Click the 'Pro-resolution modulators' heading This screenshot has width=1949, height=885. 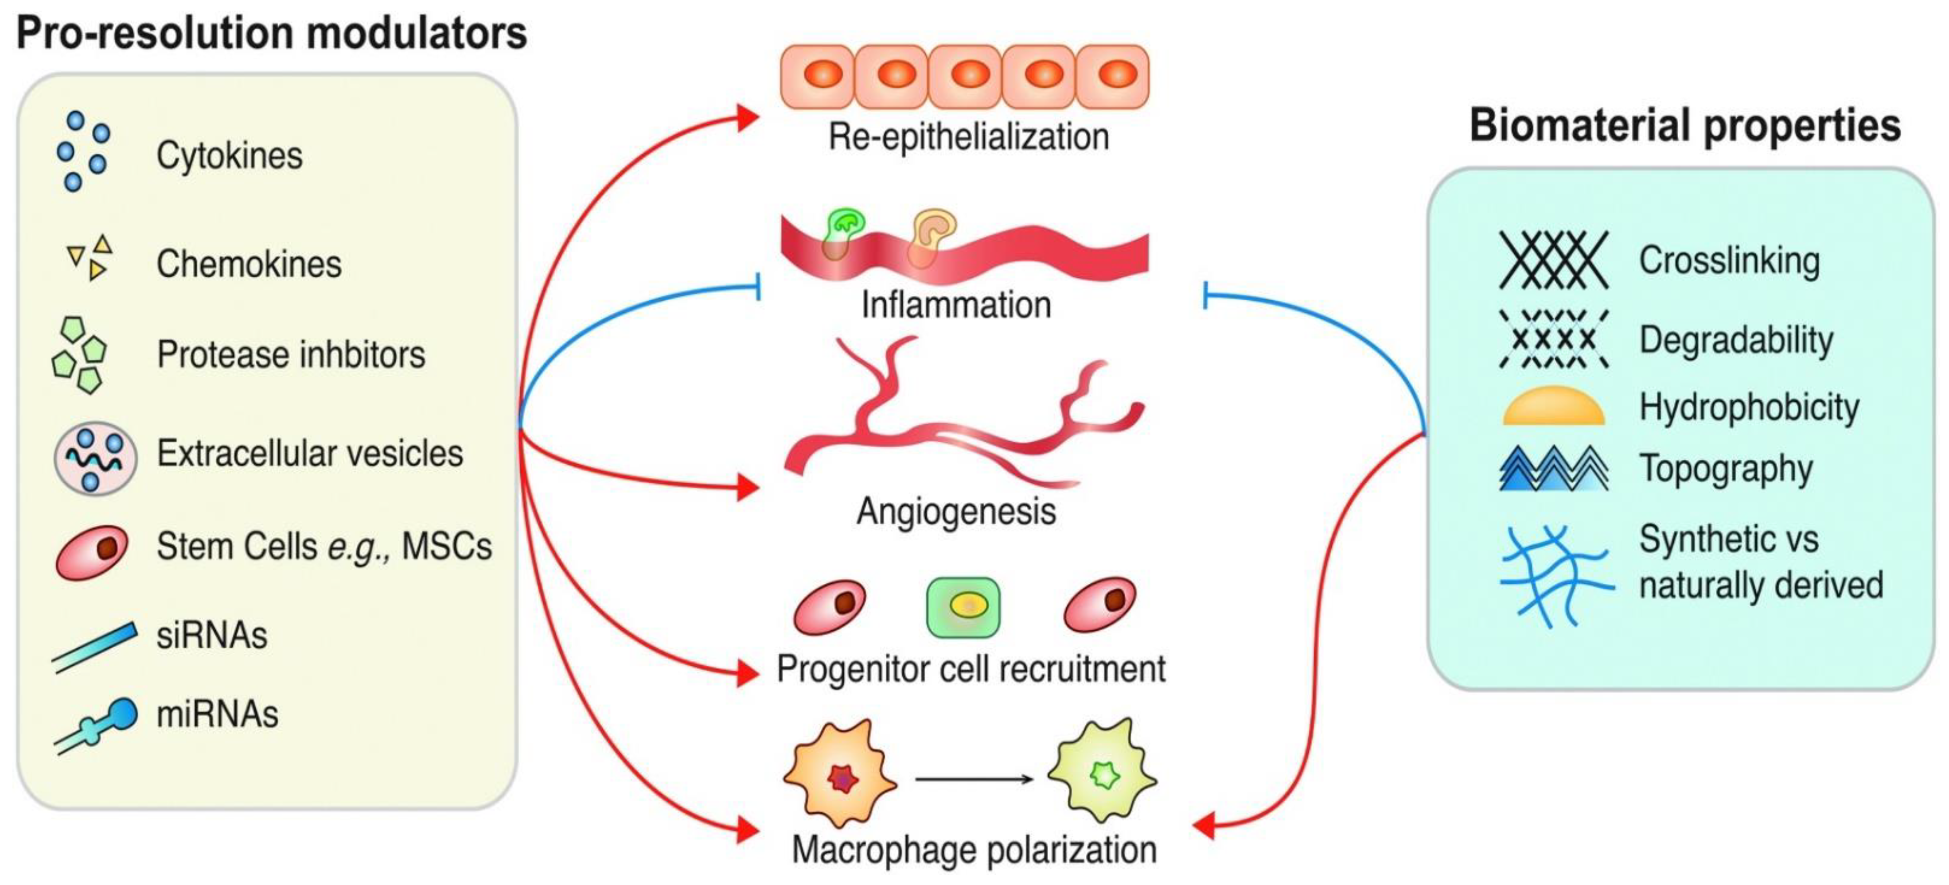tap(271, 34)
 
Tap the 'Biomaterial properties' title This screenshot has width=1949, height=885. tap(1684, 125)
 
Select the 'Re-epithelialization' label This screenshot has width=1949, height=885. tap(968, 138)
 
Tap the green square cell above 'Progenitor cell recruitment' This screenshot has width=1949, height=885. tap(963, 607)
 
